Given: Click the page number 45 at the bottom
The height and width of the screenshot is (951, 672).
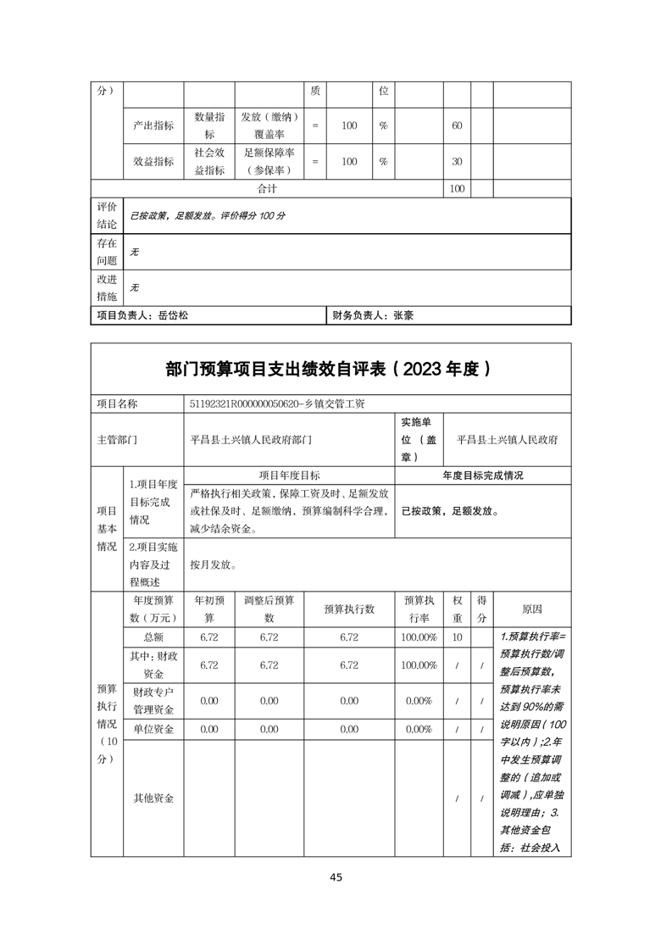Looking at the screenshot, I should (336, 877).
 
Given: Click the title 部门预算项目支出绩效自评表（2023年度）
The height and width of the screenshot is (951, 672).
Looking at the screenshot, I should (330, 369).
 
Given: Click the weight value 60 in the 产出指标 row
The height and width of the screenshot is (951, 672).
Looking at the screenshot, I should (457, 125).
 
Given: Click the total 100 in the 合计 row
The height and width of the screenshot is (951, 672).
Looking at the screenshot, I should (457, 188).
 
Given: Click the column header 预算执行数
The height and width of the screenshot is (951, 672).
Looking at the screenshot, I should (349, 609).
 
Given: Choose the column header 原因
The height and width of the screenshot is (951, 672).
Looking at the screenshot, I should (532, 609).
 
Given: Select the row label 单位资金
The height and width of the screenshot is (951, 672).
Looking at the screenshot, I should (153, 729).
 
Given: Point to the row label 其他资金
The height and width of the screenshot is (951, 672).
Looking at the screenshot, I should (153, 798).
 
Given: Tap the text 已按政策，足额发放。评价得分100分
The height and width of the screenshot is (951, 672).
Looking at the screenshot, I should (207, 216).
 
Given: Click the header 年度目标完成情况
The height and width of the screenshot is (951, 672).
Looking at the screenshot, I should (483, 475).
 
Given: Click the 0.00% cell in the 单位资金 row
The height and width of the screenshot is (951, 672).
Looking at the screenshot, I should (419, 729).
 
